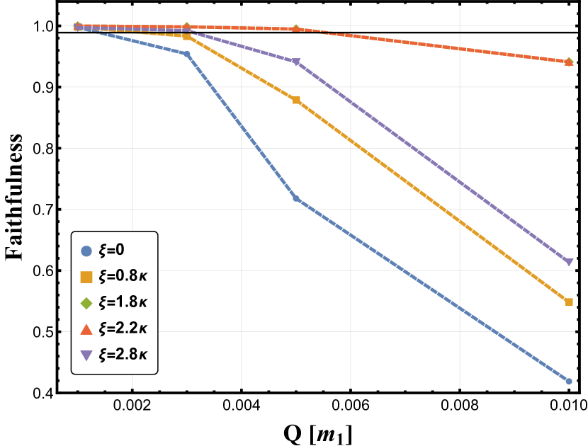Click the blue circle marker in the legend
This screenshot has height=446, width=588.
click(86, 251)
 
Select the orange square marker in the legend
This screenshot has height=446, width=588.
click(86, 277)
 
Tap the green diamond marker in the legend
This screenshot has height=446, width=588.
click(86, 303)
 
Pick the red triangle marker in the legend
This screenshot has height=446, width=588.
click(86, 329)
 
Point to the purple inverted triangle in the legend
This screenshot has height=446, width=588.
click(86, 355)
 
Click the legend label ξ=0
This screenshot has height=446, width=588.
click(112, 250)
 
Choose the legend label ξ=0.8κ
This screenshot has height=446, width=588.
click(123, 276)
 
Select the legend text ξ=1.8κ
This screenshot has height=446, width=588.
click(123, 302)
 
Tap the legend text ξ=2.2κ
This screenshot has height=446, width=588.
click(123, 328)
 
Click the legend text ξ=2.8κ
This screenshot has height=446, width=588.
click(123, 355)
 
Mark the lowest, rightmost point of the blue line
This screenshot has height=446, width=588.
click(569, 381)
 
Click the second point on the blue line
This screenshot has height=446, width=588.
click(187, 54)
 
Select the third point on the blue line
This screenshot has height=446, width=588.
click(296, 198)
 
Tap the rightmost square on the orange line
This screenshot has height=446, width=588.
click(569, 302)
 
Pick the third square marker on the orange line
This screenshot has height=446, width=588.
click(296, 100)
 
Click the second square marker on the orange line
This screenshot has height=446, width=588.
click(187, 36)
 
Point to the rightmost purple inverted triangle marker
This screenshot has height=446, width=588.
click(569, 262)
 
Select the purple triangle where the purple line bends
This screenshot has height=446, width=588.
click(296, 62)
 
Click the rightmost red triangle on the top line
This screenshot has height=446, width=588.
click(569, 62)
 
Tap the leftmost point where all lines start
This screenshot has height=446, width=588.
click(78, 27)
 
